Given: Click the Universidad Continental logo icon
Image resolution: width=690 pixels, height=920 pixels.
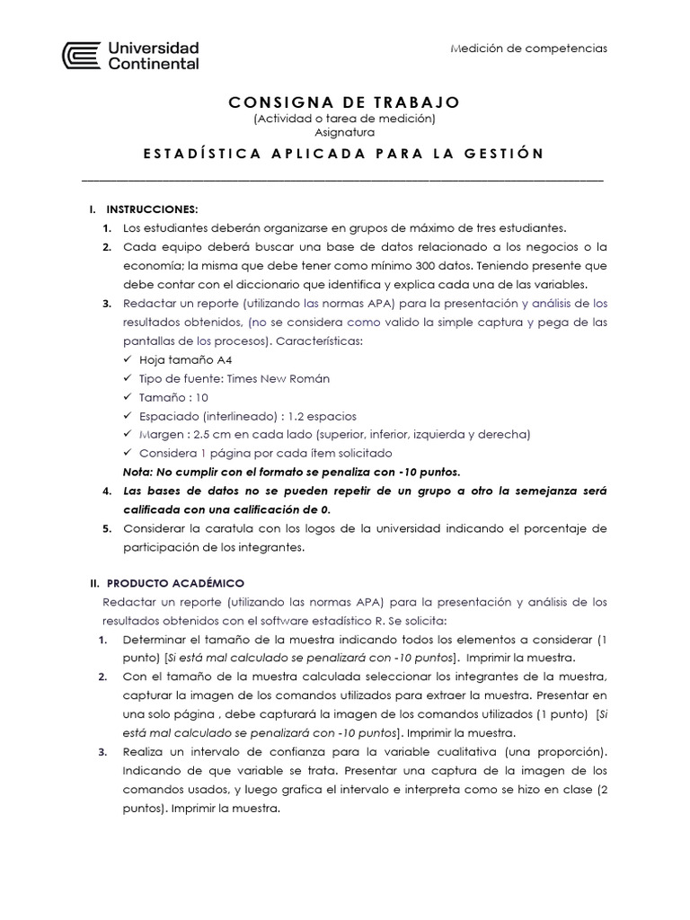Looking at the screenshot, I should [82, 55].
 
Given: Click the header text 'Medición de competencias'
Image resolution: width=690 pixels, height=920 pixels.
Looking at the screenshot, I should [528, 48].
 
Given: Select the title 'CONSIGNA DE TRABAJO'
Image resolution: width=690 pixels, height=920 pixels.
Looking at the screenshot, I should [344, 102].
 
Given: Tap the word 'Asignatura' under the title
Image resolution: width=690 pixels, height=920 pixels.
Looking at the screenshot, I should [344, 132].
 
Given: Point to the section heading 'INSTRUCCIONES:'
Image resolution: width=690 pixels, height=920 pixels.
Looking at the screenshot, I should [145, 209].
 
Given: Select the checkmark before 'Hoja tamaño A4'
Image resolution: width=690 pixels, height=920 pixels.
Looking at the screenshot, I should [128, 359].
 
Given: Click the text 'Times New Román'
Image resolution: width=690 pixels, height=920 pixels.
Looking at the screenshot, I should [278, 378].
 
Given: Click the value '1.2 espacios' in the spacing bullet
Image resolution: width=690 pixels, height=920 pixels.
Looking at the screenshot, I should [322, 416].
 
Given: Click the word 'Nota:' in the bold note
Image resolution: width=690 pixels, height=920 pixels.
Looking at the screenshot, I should [138, 472].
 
